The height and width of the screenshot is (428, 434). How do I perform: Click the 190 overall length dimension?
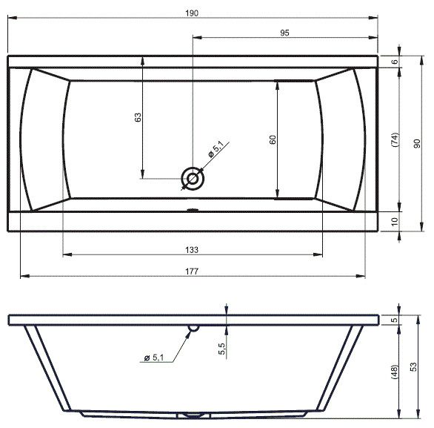pos(192,13)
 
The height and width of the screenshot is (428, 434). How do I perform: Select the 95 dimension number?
pos(284,33)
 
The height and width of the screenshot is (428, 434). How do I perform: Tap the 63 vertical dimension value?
pos(138,117)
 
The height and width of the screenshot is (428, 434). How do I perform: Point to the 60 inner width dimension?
pos(273,139)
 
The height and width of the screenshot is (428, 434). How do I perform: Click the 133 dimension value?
pos(192,250)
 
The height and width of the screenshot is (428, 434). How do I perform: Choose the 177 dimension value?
pos(192,271)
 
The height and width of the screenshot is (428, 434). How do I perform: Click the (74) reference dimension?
pos(395,139)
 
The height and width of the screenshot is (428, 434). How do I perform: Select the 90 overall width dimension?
pos(417,143)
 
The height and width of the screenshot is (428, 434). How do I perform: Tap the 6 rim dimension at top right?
pos(395,62)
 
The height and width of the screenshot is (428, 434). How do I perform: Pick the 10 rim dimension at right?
pos(395,222)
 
